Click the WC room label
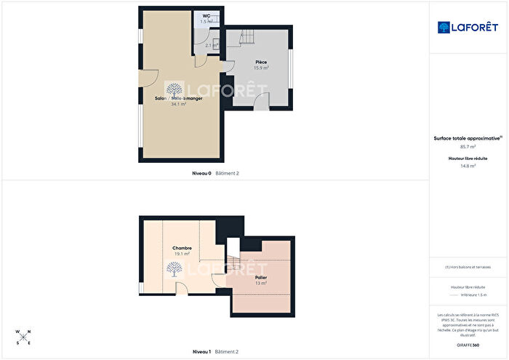207,15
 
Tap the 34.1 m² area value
178,104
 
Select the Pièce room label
260,62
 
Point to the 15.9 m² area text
260,68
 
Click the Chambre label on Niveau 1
182,248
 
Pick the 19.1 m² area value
182,254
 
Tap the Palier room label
261,277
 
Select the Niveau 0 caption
201,173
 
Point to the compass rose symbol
23,336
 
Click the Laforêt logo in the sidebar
468,27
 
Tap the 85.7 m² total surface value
468,147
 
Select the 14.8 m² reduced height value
468,166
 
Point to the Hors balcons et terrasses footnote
468,267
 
